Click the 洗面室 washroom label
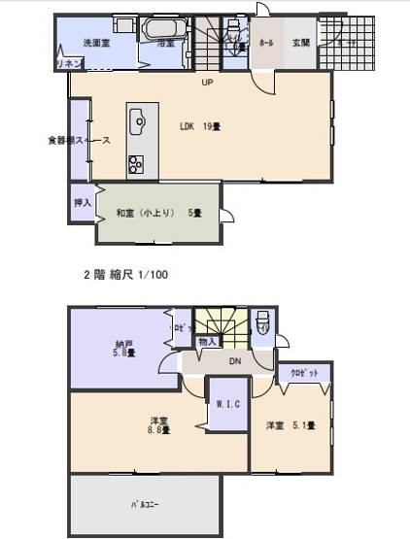pos(93,42)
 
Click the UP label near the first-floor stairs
pos(206,83)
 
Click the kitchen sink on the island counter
pos(137,121)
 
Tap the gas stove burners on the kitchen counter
pos(136,163)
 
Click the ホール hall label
pos(266,43)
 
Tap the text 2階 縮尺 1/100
pos(125,275)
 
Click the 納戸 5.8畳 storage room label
pos(122,348)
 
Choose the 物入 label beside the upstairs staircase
pos(207,342)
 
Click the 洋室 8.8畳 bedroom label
pos(157,424)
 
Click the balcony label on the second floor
pos(146,506)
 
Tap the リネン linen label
pos(69,63)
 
